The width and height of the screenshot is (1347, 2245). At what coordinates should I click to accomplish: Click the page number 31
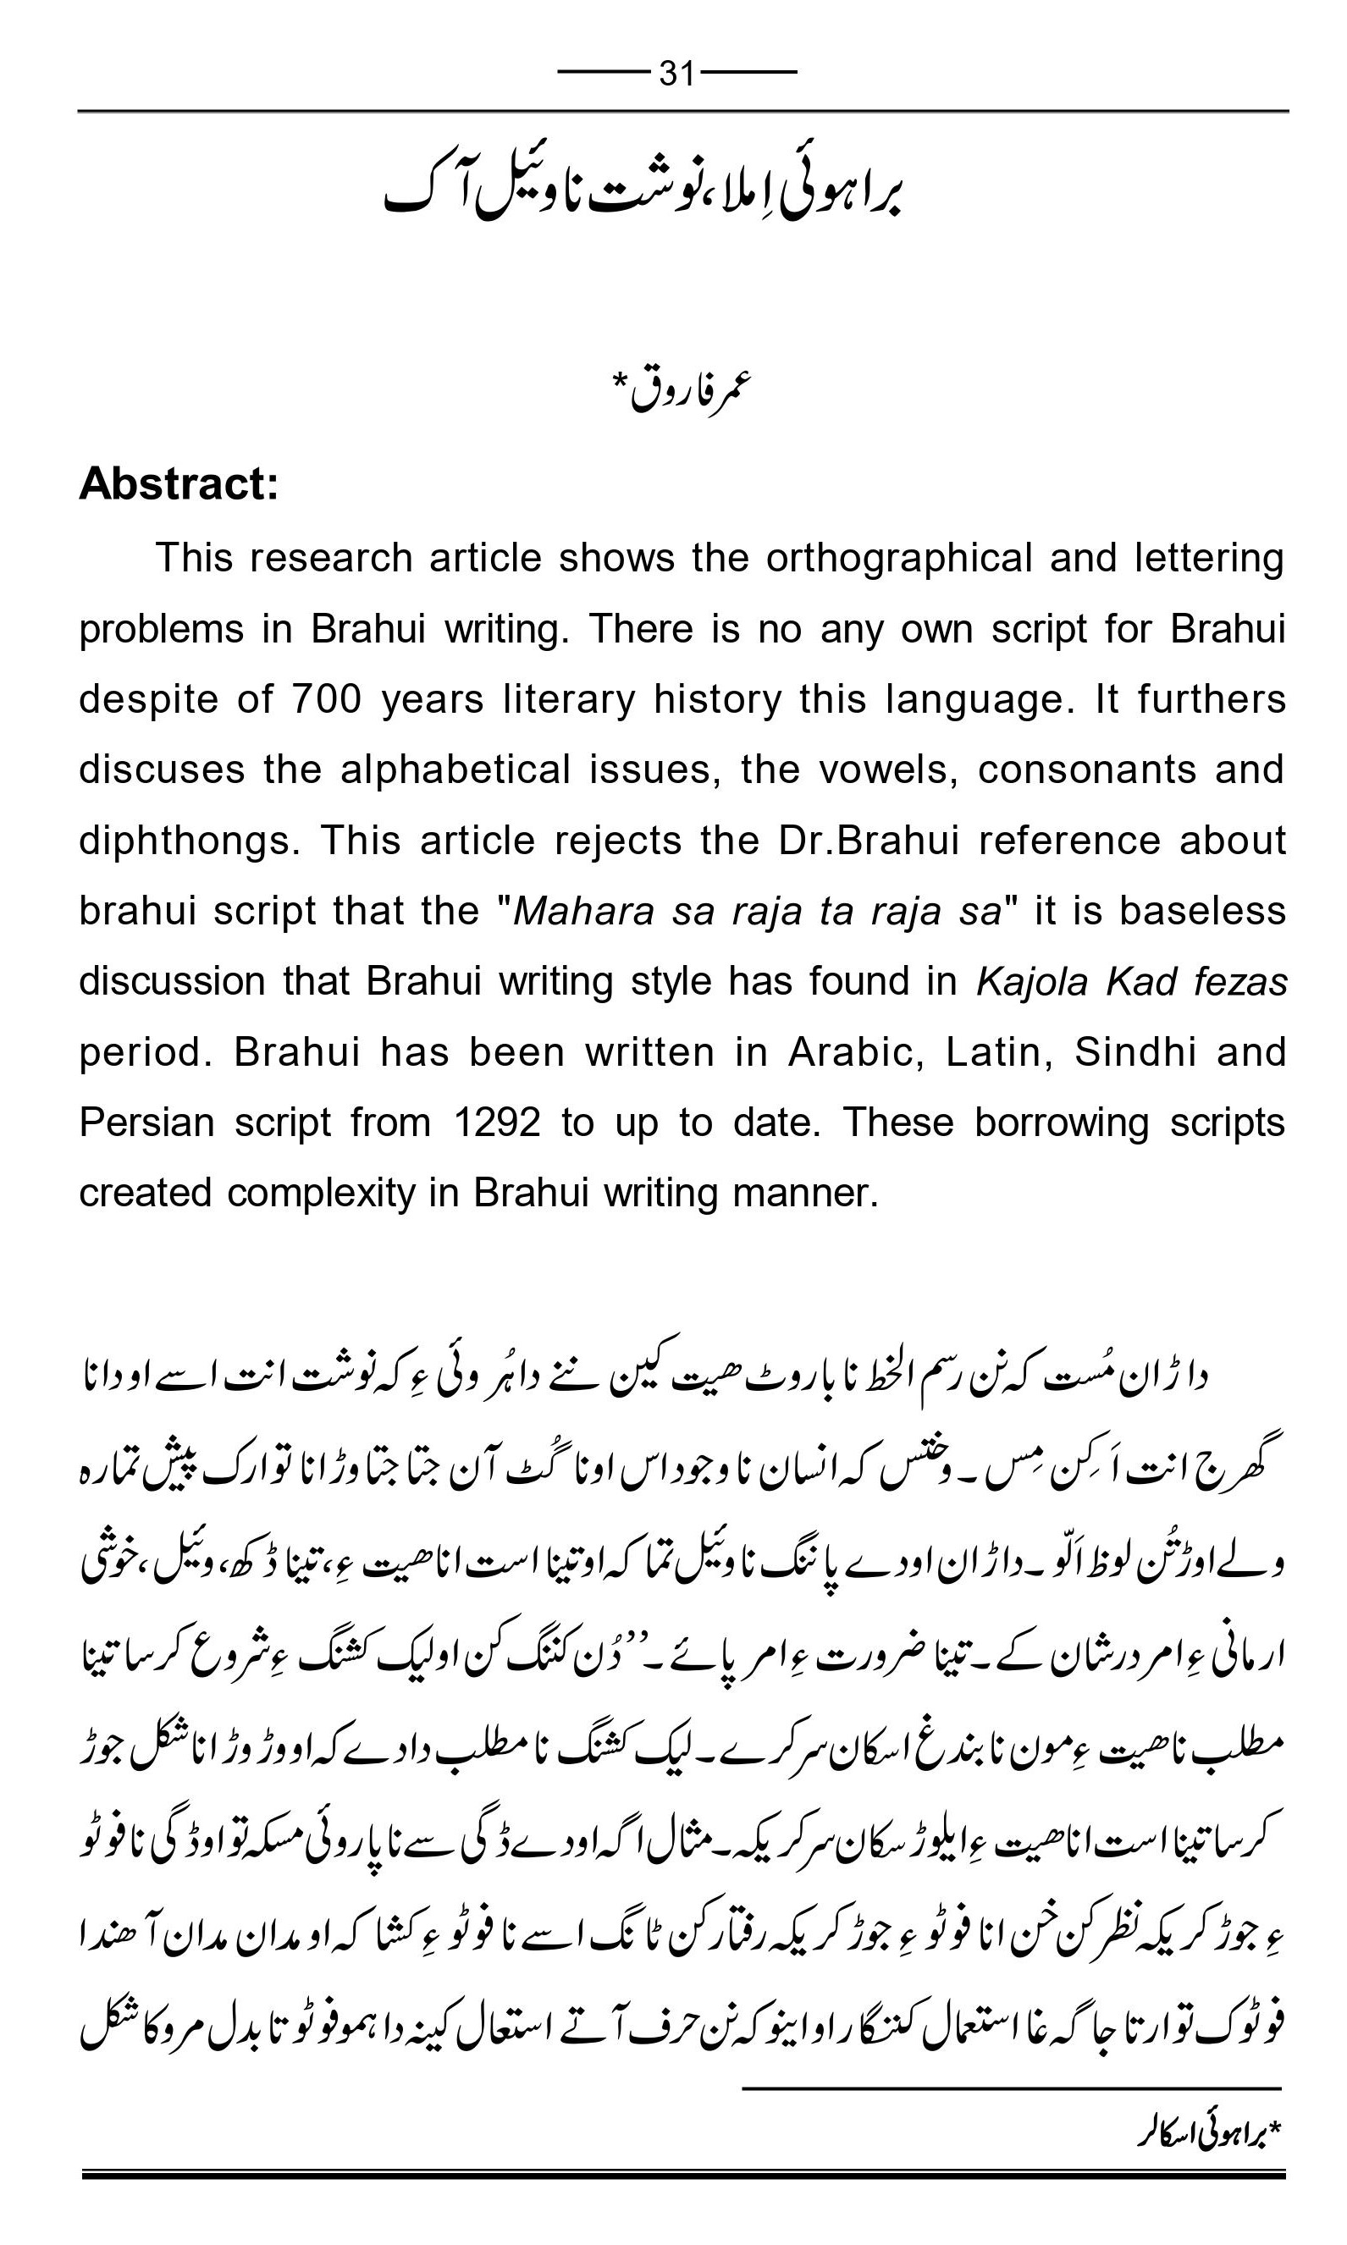pyautogui.click(x=677, y=73)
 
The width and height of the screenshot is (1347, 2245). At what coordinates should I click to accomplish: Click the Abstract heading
pyautogui.click(x=179, y=483)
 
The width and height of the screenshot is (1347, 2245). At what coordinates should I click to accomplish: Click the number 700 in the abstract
pyautogui.click(x=327, y=698)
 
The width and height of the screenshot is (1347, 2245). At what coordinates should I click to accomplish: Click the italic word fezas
pyautogui.click(x=1241, y=982)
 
